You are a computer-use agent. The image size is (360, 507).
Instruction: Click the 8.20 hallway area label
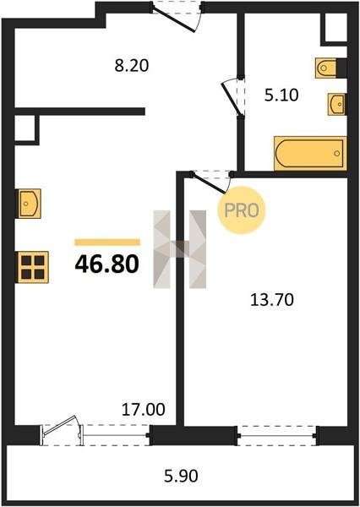coord(132,66)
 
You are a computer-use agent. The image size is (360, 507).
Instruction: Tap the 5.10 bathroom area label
coord(281,95)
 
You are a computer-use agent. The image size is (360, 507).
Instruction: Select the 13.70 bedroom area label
coord(272,300)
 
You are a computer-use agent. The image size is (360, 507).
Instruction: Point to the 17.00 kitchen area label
coord(144,410)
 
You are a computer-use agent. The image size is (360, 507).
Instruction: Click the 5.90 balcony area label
coord(181,477)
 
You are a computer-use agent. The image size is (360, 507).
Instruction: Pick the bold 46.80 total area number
coord(107,264)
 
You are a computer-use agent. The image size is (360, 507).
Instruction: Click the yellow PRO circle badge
coord(242,210)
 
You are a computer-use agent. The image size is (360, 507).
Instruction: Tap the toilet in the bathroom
coord(327,68)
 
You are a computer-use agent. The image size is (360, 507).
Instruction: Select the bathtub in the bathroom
coord(310,153)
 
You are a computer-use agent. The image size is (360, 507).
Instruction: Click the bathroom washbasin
coord(336,104)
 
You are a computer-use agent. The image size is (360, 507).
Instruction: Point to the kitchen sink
coord(29,204)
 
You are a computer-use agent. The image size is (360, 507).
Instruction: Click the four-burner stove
coord(33,267)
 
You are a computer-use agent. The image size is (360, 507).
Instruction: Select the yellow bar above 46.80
coord(107,243)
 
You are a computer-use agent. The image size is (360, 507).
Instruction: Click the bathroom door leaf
coord(232,99)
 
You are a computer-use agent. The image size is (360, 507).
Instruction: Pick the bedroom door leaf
coord(209,183)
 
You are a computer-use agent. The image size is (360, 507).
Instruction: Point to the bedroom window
coord(277,436)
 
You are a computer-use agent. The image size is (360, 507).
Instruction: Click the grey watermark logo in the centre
coord(179,249)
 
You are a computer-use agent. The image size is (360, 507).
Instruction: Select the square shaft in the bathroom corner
coord(335,28)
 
